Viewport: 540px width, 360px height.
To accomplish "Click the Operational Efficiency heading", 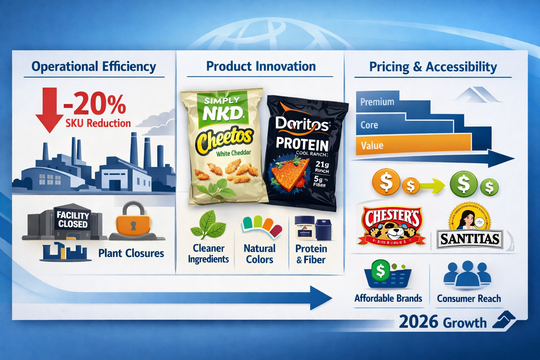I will point(94,66).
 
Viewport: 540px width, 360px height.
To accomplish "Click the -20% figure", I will point(94,104).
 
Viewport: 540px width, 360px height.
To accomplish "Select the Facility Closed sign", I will point(73,220).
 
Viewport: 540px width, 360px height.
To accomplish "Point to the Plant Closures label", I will point(131,253).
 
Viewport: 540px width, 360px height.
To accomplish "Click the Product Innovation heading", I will point(261,66).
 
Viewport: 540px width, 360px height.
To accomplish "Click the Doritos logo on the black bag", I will point(302,124).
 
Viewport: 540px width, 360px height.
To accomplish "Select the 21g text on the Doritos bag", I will point(322,164).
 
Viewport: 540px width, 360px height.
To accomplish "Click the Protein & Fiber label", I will point(311,254).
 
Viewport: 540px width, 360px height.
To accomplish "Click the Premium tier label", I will point(377,102).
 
